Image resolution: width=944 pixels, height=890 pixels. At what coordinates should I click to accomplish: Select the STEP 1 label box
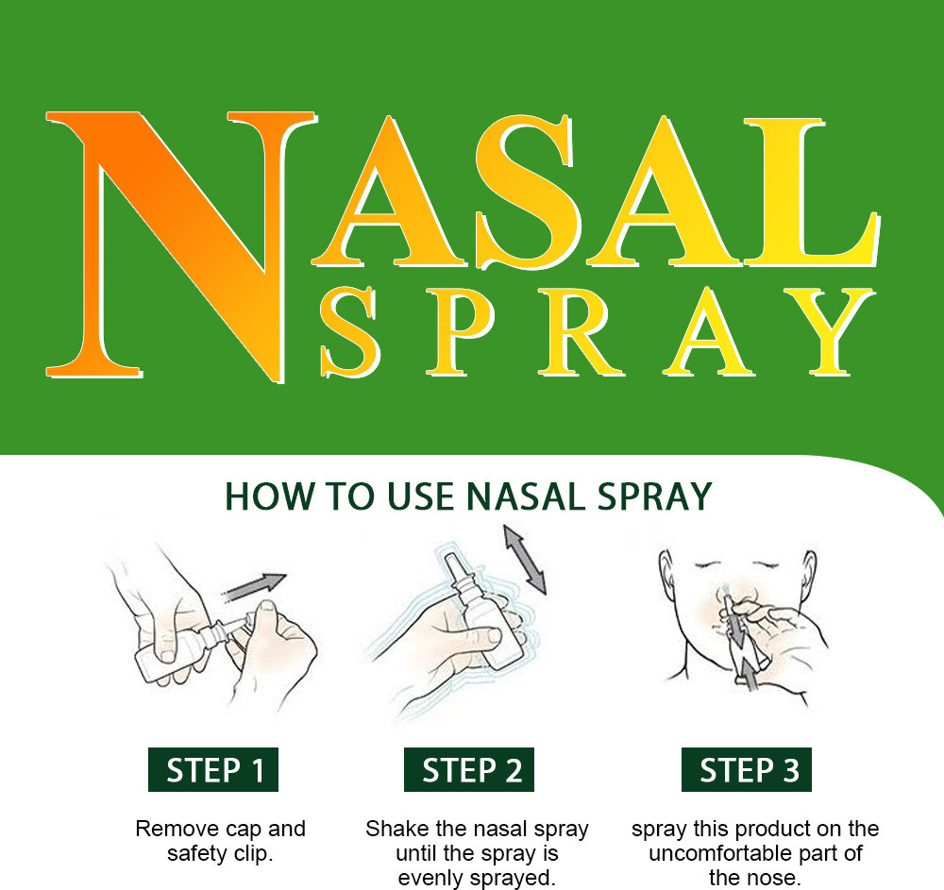[x=213, y=769]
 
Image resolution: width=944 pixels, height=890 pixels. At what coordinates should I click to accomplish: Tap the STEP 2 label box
[x=469, y=769]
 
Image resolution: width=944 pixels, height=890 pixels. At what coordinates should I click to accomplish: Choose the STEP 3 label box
[x=747, y=769]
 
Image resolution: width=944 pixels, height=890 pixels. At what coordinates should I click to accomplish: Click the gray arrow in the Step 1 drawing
[x=253, y=586]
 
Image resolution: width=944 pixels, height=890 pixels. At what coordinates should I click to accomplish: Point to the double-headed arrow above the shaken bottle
[x=525, y=560]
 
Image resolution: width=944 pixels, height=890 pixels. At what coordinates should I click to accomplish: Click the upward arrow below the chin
[x=749, y=674]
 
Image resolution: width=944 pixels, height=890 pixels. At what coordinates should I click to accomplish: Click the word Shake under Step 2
[x=397, y=829]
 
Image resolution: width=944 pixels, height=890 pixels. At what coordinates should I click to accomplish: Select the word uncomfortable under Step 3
[x=720, y=853]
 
